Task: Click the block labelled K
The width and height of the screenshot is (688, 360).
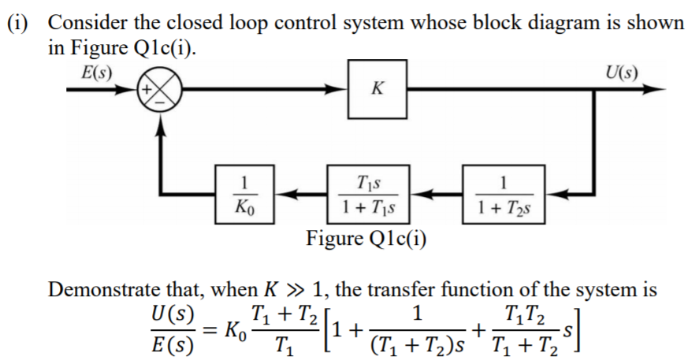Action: tap(377, 90)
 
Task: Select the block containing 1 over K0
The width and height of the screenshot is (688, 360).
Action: tap(244, 193)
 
